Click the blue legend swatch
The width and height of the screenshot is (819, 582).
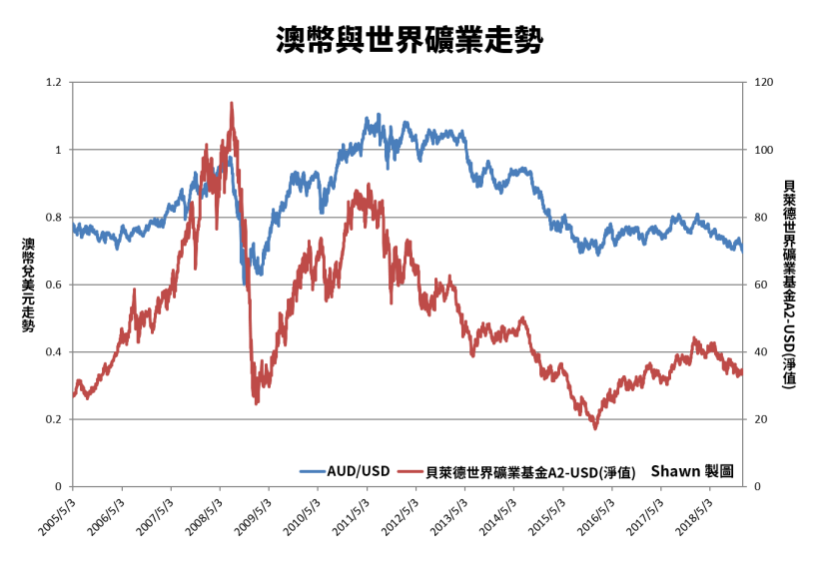pyautogui.click(x=313, y=471)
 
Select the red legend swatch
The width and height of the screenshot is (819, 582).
pyautogui.click(x=410, y=471)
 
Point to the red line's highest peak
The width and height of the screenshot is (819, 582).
pyautogui.click(x=232, y=103)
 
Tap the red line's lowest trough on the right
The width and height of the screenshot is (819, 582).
pyautogui.click(x=595, y=428)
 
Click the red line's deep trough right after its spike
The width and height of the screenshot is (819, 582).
pyautogui.click(x=256, y=402)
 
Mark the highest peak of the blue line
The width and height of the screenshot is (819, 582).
pyautogui.click(x=379, y=115)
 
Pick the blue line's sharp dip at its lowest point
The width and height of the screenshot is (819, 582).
pyautogui.click(x=245, y=286)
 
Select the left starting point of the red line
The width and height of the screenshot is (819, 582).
pyautogui.click(x=74, y=395)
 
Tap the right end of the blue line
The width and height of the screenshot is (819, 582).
pyautogui.click(x=743, y=251)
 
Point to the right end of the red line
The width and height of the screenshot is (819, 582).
pyautogui.click(x=742, y=373)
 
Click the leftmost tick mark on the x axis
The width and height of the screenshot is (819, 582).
pyautogui.click(x=73, y=489)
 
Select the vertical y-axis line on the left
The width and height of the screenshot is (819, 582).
pyautogui.click(x=73, y=299)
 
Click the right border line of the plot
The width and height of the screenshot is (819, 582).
pyautogui.click(x=745, y=299)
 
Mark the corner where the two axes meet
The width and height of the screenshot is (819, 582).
pyautogui.click(x=73, y=486)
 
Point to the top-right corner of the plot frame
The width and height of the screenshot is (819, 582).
pyautogui.click(x=745, y=83)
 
